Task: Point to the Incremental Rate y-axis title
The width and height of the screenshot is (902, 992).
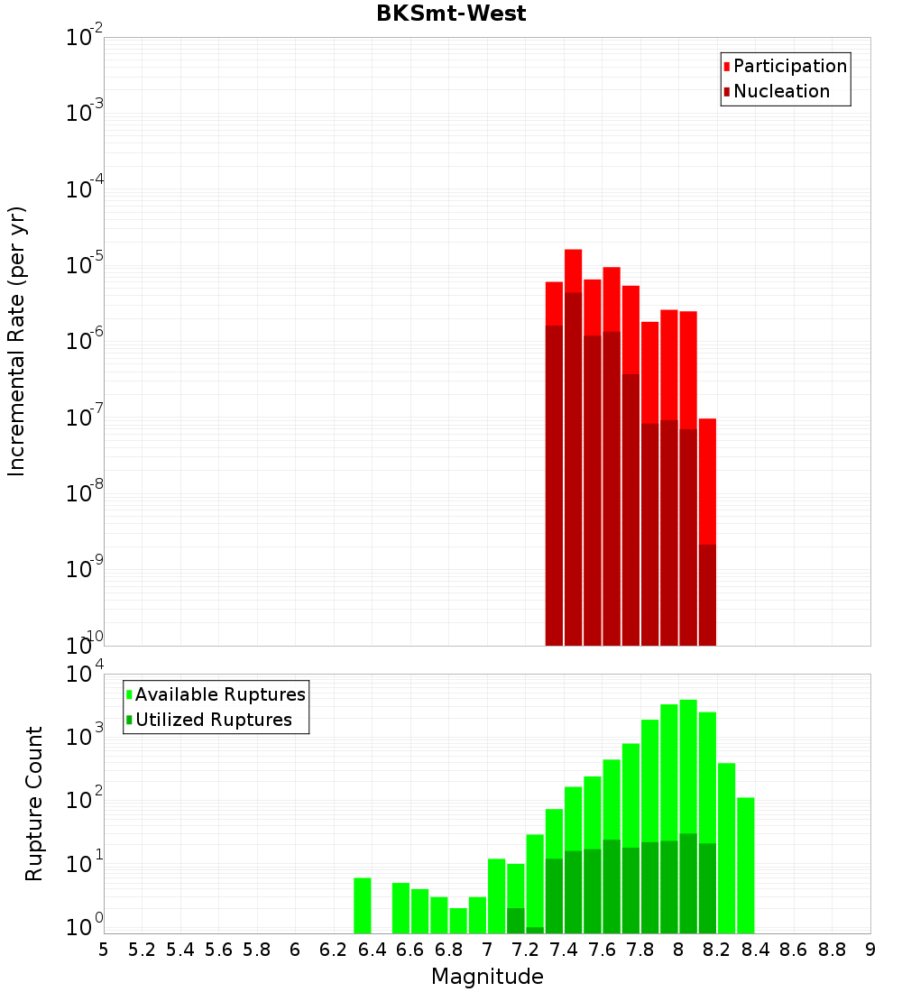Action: point(17,342)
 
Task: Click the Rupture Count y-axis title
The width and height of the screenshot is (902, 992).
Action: point(34,804)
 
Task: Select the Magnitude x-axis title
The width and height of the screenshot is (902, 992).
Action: point(487,977)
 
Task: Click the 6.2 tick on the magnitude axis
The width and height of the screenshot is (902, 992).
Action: point(334,950)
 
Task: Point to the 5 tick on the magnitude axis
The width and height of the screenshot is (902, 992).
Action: point(104,950)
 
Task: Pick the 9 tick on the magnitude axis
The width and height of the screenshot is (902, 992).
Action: point(870,950)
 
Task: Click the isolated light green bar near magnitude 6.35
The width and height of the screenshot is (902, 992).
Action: point(363,905)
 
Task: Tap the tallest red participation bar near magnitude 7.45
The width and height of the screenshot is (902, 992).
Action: point(574,271)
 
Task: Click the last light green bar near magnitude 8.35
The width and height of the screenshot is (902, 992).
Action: point(746,865)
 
